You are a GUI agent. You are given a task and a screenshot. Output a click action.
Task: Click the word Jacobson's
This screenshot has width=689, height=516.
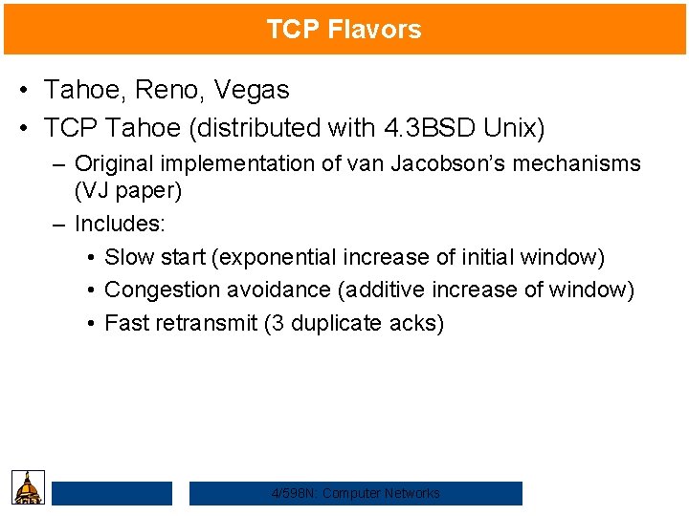[451, 163]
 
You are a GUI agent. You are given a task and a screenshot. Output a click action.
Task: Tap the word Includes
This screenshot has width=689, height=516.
[119, 225]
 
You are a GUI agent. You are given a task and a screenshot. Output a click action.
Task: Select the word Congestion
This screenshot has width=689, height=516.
[164, 289]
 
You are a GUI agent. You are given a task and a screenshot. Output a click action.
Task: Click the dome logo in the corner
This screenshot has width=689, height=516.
[29, 487]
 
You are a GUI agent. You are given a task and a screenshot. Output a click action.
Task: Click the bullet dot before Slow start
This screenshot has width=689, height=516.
[89, 258]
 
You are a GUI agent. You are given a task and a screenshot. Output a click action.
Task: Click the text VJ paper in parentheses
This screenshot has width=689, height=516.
[128, 190]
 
